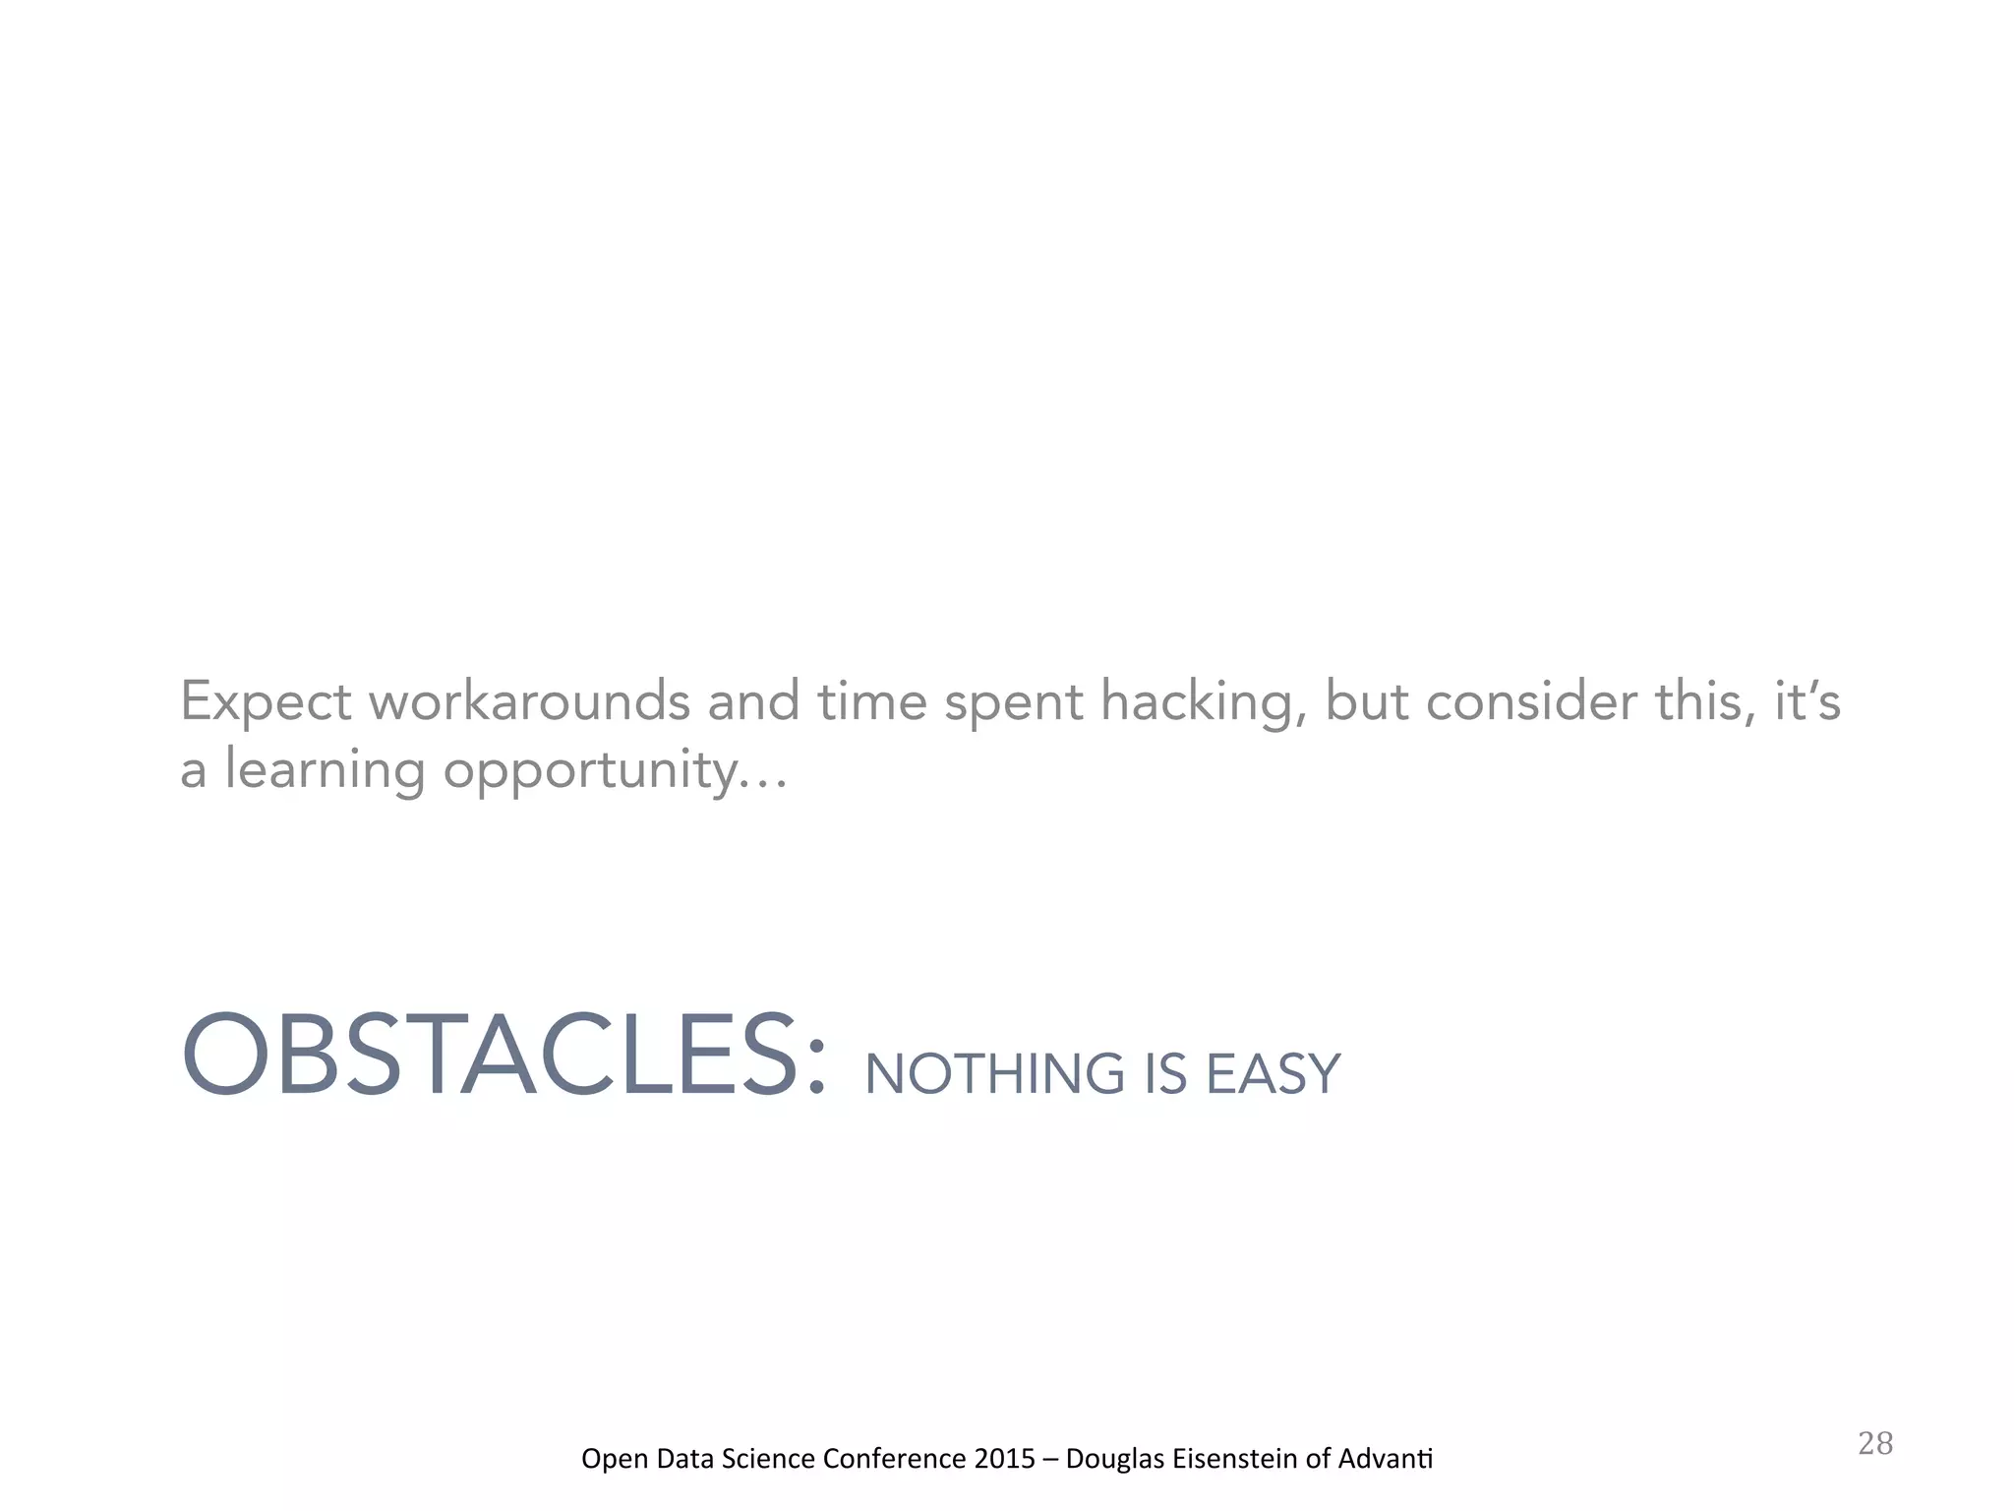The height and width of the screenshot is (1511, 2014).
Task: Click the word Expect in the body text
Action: [x=266, y=702]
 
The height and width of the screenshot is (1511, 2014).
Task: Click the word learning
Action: [x=325, y=769]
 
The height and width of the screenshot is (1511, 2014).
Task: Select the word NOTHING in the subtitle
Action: [x=993, y=1074]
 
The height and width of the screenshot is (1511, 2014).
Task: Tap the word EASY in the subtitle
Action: [x=1273, y=1074]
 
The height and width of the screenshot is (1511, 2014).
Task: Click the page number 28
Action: [x=1875, y=1443]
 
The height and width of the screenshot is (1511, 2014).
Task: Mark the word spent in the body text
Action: [x=1013, y=702]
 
